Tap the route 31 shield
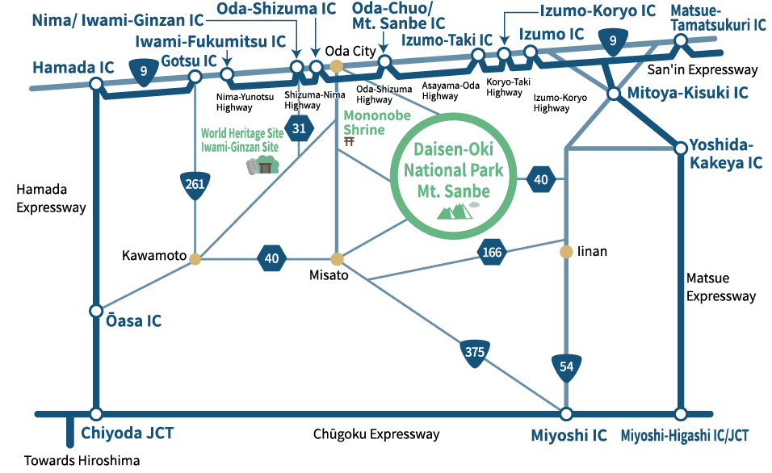pos(300,128)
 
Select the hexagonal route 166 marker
pos(491,253)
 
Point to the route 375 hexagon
pos(474,352)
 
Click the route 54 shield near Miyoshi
pos(566,367)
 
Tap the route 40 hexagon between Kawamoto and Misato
pos(271,258)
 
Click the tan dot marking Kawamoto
pos(194,258)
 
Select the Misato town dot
pos(338,259)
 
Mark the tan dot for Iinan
pos(566,252)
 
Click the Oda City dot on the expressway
pos(338,66)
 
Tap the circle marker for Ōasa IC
pos(96,311)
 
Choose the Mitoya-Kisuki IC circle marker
pos(613,94)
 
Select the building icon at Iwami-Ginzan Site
pos(262,166)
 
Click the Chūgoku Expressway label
pos(376,435)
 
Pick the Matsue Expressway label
pos(721,287)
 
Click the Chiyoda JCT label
pos(127,434)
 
